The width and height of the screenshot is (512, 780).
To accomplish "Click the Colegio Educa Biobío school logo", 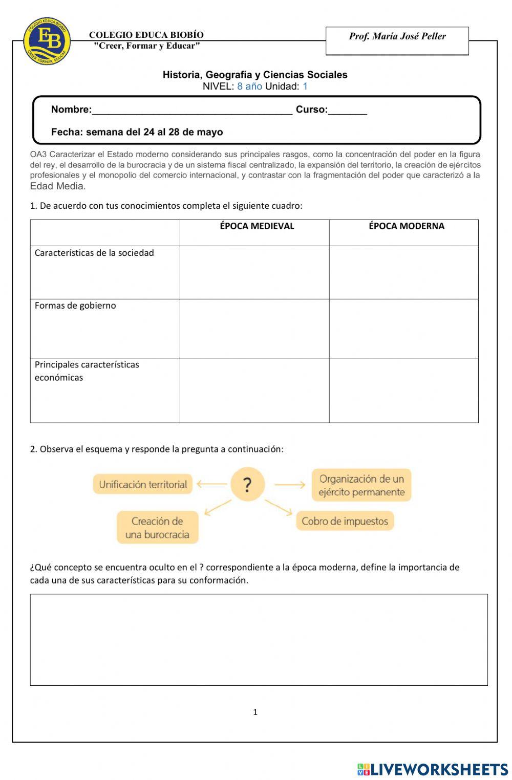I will (47, 41).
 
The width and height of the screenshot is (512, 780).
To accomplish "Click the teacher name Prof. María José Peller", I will (397, 36).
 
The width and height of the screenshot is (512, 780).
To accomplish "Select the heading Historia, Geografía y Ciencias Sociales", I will (255, 75).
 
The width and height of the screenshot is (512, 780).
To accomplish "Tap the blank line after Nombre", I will (192, 110).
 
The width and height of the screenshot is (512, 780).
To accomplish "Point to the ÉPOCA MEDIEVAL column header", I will (257, 226).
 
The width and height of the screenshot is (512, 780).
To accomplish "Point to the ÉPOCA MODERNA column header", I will (406, 226).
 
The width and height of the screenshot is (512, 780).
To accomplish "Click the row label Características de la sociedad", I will (94, 253).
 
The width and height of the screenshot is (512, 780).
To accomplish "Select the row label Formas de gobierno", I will (75, 306).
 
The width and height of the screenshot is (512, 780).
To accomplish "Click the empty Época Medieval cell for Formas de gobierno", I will (254, 329).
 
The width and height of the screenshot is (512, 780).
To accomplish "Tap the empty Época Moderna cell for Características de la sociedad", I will (403, 272).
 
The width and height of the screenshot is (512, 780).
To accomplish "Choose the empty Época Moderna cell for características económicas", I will (403, 391).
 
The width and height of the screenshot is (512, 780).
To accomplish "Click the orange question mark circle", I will (247, 484).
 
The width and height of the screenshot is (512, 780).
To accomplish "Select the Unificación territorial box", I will (143, 484).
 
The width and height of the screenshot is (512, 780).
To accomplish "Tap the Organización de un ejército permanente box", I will (361, 485).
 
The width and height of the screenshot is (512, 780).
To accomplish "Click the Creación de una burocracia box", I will (157, 528).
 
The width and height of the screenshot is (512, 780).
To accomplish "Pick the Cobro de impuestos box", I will (345, 521).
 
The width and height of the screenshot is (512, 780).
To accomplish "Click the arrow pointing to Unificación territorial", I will (211, 484).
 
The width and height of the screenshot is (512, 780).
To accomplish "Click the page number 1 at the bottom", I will (255, 712).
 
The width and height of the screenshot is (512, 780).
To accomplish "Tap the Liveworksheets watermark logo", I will (433, 769).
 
